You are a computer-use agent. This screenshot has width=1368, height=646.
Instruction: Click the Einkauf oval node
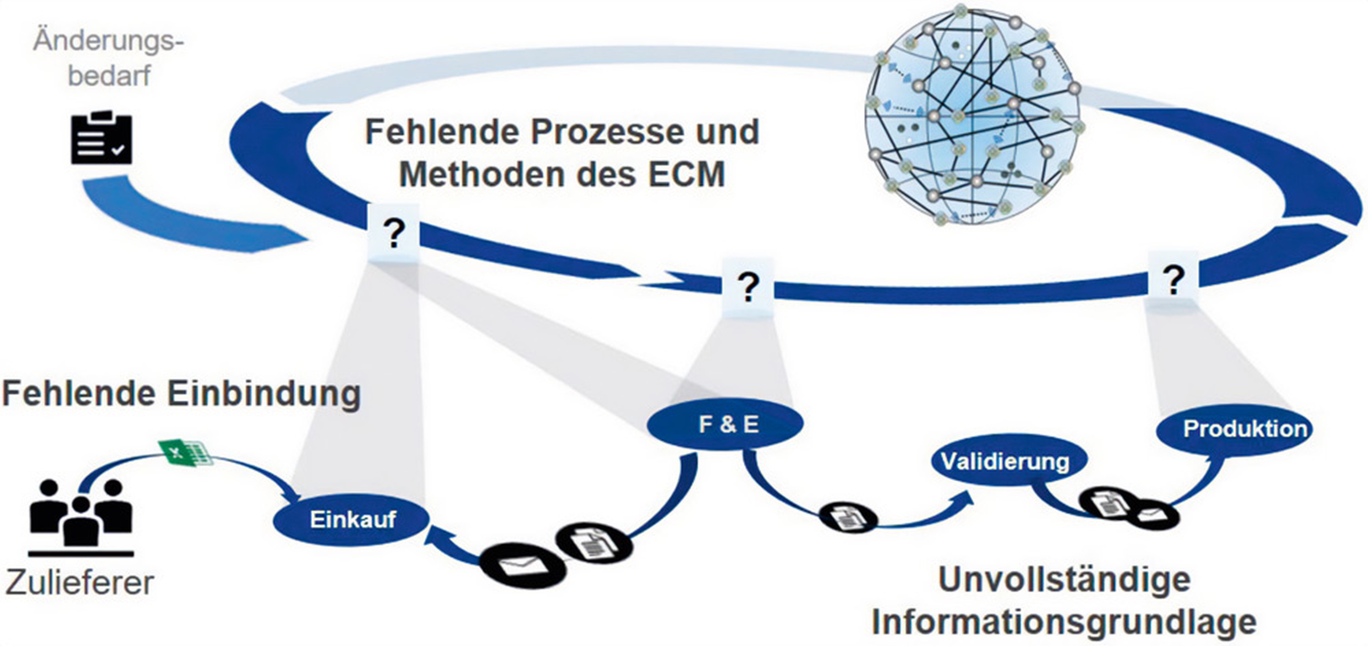(352, 519)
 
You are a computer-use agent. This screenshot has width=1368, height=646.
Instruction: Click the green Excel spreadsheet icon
(186, 453)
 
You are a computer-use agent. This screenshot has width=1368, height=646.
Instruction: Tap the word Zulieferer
(80, 583)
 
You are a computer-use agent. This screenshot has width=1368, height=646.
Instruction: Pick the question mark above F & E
(748, 288)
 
